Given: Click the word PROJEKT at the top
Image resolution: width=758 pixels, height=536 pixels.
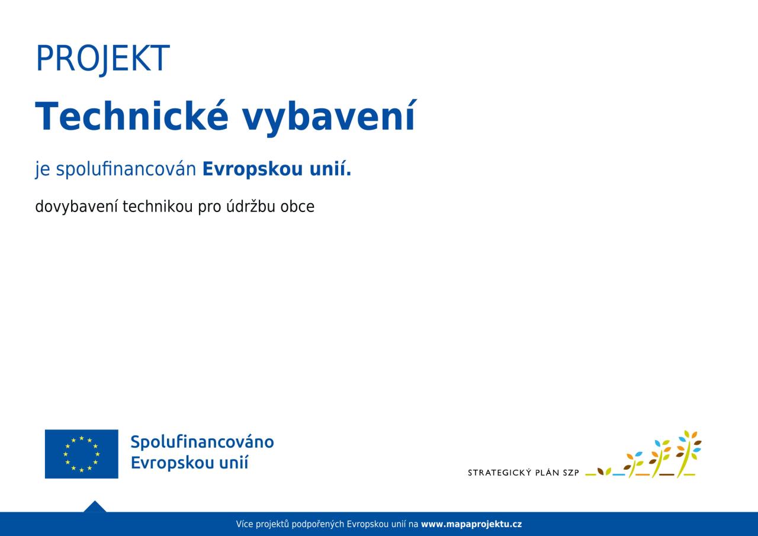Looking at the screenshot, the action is coord(103,59).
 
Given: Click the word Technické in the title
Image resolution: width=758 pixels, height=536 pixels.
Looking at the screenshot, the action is coord(132,115).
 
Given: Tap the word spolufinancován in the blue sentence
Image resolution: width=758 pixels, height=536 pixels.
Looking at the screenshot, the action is coord(126,169).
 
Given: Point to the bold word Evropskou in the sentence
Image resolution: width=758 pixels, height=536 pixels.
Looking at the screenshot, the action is coord(252,169).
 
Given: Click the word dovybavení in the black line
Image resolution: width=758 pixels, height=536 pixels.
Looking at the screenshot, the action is coord(76,207).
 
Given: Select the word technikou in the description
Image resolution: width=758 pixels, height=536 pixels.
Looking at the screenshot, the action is coord(158,207).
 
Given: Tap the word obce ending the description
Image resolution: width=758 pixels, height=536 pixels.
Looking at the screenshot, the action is coord(297,207).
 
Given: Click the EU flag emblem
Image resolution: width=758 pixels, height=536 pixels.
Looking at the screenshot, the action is coord(82,454).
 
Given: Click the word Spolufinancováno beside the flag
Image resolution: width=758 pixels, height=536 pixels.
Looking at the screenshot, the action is coord(202,442).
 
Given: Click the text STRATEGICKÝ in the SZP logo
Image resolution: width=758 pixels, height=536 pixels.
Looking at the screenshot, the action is coord(499,473).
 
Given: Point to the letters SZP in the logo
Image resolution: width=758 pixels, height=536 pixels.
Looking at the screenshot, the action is coord(571,473).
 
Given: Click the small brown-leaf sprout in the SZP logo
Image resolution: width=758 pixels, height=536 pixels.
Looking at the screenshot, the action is coord(604,471).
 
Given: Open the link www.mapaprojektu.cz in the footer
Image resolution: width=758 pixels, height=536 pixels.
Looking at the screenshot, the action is coord(471,524).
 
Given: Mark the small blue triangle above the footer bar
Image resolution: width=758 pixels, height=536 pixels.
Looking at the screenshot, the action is coord(95,506).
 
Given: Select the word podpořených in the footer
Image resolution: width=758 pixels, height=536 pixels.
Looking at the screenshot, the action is coord(318,525).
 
